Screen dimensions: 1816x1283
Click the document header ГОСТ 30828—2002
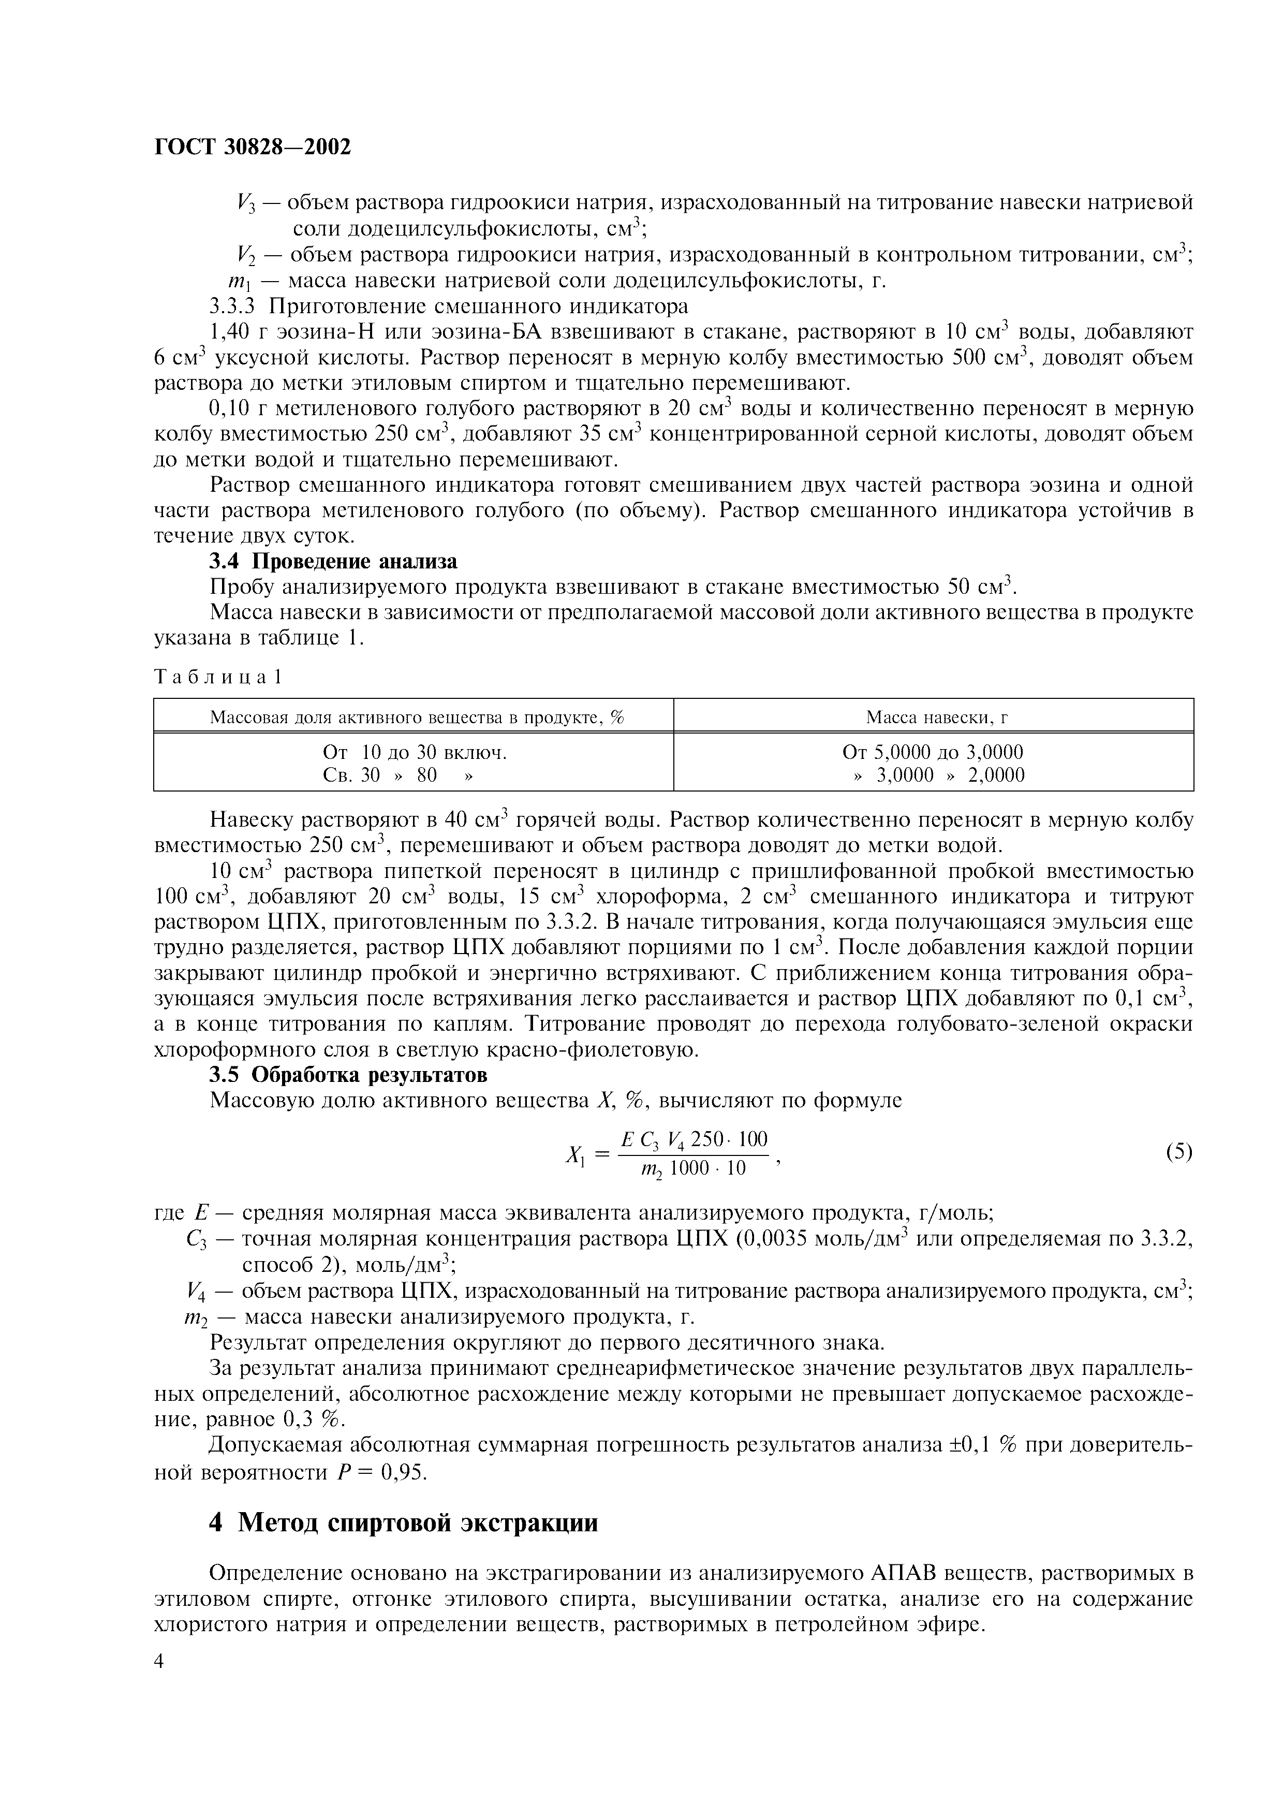pyautogui.click(x=252, y=147)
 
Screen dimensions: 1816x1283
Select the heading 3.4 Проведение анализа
pyautogui.click(x=333, y=562)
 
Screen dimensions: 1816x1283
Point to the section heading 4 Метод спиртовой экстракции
pyautogui.click(x=403, y=1522)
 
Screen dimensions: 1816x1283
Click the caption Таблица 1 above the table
pyautogui.click(x=218, y=677)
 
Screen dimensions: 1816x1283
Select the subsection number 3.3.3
pyautogui.click(x=232, y=306)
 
